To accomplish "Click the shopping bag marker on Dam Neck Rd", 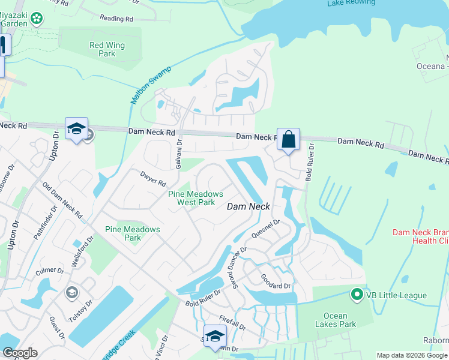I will pyautogui.click(x=288, y=140).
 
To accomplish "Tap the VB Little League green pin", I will pyautogui.click(x=357, y=295).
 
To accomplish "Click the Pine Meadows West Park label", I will pyautogui.click(x=196, y=198).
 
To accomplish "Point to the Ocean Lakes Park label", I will pyautogui.click(x=340, y=320).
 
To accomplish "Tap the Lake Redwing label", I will pyautogui.click(x=352, y=3).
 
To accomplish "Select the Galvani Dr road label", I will pyautogui.click(x=178, y=154).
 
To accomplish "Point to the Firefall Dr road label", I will pyautogui.click(x=233, y=324).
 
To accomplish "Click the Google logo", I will pyautogui.click(x=20, y=353).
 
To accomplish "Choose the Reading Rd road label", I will pyautogui.click(x=116, y=19).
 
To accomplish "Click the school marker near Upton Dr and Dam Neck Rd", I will pyautogui.click(x=76, y=129).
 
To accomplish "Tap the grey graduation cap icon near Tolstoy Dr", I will pyautogui.click(x=71, y=292).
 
